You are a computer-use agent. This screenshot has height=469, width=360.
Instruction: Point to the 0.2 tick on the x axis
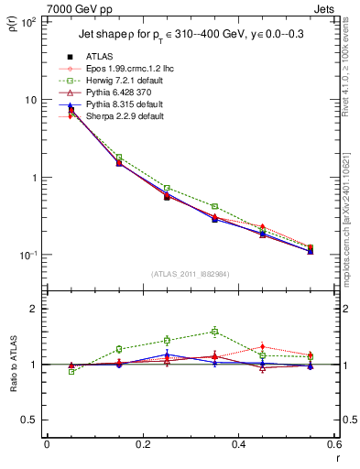(x=142, y=445)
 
